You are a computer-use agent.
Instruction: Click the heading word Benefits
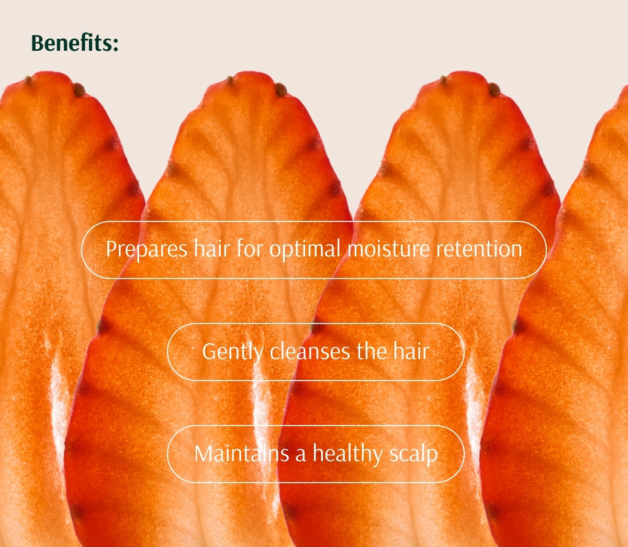[72, 43]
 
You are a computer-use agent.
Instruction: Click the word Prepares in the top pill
[147, 249]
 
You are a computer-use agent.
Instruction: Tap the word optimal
[305, 249]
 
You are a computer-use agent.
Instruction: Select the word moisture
[389, 249]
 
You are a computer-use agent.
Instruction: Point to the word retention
[479, 249]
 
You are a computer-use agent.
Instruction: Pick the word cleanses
[310, 351]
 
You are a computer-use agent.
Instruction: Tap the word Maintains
[242, 454]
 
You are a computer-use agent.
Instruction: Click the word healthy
[348, 454]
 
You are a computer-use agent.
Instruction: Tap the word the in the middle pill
[372, 351]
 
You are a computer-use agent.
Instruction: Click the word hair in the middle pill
[411, 351]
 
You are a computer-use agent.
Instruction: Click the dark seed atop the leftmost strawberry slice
[79, 90]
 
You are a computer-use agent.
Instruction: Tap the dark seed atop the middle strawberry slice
[281, 90]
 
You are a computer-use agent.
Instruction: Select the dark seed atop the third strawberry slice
[494, 90]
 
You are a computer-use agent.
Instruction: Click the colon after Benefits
[116, 44]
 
